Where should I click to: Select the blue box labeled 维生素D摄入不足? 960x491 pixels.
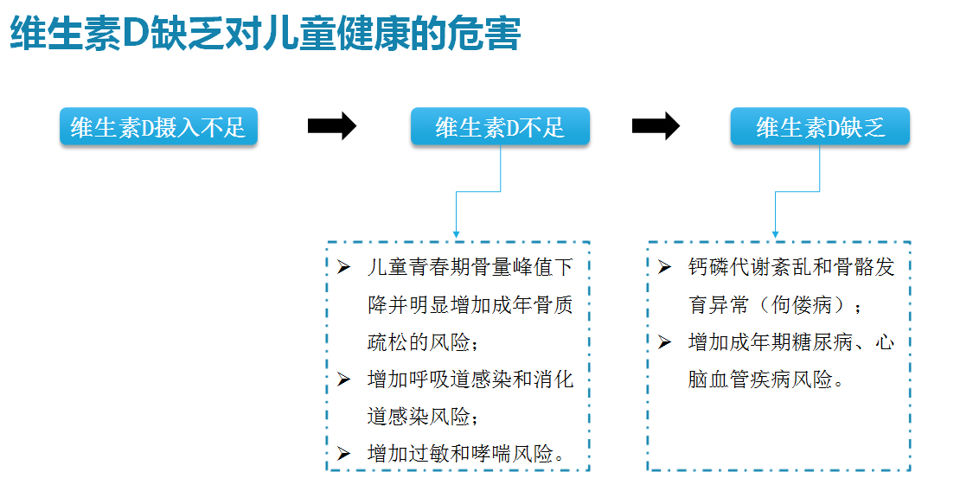tap(158, 127)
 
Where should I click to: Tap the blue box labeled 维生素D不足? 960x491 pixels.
tap(500, 127)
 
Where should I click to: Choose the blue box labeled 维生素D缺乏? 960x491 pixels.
tap(821, 127)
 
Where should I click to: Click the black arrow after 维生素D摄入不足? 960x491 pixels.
tap(332, 126)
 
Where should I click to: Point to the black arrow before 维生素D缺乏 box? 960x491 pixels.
tap(656, 126)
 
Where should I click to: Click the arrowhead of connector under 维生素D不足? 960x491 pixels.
tap(456, 234)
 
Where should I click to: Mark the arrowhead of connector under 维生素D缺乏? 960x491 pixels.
tap(775, 234)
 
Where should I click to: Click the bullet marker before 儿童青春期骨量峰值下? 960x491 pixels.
tap(343, 267)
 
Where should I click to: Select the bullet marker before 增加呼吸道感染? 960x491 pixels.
tap(343, 379)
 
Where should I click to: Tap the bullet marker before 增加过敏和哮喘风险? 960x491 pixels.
tap(343, 454)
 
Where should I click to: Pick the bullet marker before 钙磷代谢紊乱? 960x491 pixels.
tap(664, 267)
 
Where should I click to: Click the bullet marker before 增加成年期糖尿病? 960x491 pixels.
tap(664, 341)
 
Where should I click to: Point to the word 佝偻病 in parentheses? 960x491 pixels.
tap(802, 304)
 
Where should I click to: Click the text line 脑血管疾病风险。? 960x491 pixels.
tap(766, 379)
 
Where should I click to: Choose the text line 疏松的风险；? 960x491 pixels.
tap(422, 341)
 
